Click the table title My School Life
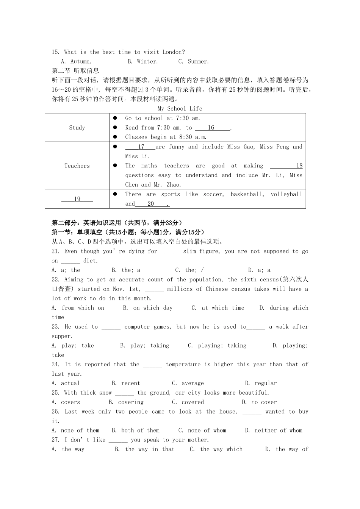click(180, 109)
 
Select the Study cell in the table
click(77, 128)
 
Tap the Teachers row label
click(77, 166)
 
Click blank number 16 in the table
click(211, 128)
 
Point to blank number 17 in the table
click(141, 147)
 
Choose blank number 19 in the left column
click(77, 199)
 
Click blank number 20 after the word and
click(151, 204)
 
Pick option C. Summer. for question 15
click(193, 61)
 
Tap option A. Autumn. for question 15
click(76, 61)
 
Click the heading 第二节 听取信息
click(75, 70)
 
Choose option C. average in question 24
click(188, 383)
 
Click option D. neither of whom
click(274, 430)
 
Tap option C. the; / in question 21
click(189, 270)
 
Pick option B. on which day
click(148, 308)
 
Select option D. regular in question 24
click(261, 383)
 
